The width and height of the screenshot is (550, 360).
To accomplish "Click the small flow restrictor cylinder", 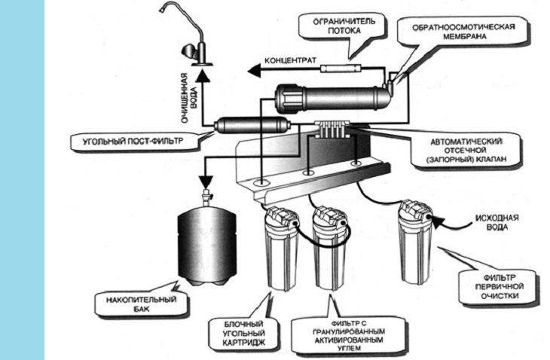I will click(344, 69).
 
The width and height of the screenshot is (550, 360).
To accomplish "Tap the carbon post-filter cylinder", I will click(242, 127).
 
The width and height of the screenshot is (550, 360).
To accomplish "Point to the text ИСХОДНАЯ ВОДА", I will click(490, 223).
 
